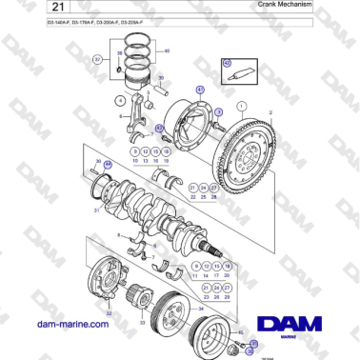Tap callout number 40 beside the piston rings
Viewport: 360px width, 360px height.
click(x=168, y=51)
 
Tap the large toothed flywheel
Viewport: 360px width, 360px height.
click(x=258, y=157)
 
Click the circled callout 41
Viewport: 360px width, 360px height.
click(x=201, y=89)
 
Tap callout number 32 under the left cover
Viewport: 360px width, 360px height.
click(x=110, y=311)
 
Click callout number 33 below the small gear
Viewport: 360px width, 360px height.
click(x=143, y=323)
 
